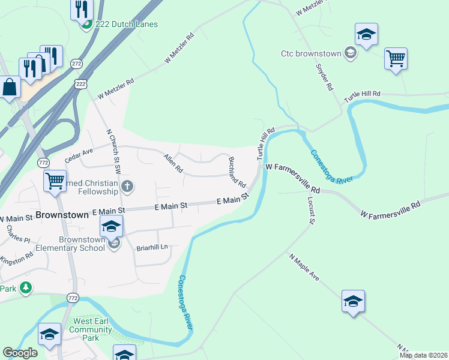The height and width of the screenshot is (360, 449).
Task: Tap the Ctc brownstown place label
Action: (x=310, y=53)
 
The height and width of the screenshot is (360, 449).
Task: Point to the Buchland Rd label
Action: (x=237, y=172)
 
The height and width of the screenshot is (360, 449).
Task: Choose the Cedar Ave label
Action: (x=79, y=155)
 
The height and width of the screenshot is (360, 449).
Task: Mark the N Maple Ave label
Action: (x=304, y=266)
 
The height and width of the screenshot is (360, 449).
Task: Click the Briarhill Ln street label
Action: (x=152, y=247)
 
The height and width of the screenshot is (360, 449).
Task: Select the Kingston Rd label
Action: (x=17, y=259)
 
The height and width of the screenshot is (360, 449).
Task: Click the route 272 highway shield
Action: (x=76, y=63)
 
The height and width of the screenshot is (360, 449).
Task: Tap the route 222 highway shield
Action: (x=80, y=84)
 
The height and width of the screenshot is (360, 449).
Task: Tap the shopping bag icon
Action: (x=10, y=88)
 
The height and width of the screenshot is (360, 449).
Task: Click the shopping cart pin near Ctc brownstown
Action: (x=396, y=59)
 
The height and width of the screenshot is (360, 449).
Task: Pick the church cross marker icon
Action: (x=127, y=185)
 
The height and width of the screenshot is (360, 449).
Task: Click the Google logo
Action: (x=20, y=352)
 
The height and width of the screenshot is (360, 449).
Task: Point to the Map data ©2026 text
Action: (x=423, y=355)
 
